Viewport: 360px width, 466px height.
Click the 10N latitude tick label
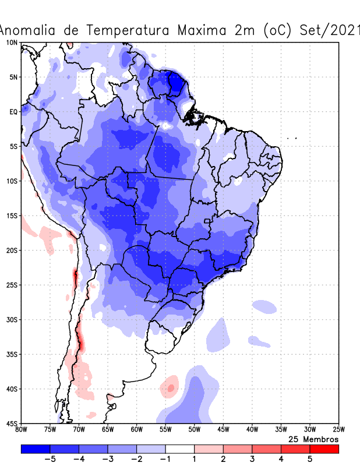[x=12, y=43]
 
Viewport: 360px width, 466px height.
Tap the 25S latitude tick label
[x=12, y=285]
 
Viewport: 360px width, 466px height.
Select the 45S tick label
[x=12, y=423]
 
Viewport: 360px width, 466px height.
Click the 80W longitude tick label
[x=22, y=430]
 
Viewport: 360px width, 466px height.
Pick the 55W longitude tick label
[x=165, y=430]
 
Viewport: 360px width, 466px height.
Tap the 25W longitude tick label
[x=338, y=430]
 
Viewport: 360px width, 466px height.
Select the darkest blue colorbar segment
[x=36, y=449]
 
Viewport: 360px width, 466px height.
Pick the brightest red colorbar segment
[x=324, y=449]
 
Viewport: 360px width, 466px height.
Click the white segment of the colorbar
[x=180, y=449]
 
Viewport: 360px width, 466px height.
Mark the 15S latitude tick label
[x=12, y=216]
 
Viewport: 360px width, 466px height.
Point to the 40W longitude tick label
[x=252, y=430]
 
